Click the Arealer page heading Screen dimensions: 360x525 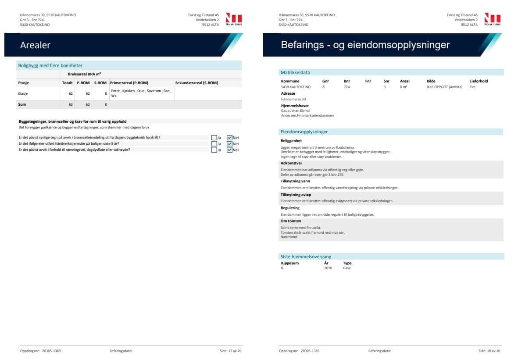(35, 45)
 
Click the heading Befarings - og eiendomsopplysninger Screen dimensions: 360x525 (365, 45)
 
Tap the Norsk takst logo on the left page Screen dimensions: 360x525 (233, 19)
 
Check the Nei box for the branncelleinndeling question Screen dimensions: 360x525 (229, 138)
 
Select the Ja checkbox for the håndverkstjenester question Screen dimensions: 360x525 (214, 144)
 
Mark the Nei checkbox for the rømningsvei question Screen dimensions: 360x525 (229, 150)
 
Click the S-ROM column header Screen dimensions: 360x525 (100, 83)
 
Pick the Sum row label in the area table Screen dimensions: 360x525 (22, 104)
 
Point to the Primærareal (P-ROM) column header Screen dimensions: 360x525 (129, 83)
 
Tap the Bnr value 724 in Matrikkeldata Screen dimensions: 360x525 (346, 87)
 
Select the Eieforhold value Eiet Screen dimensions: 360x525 (472, 87)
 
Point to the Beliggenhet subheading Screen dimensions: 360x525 (292, 141)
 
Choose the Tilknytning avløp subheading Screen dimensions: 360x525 (296, 194)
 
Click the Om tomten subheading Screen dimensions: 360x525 (290, 221)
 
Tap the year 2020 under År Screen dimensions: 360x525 (328, 268)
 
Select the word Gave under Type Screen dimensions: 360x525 (347, 268)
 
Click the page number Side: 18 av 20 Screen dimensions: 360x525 (489, 351)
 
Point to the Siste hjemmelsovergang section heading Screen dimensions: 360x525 (306, 257)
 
